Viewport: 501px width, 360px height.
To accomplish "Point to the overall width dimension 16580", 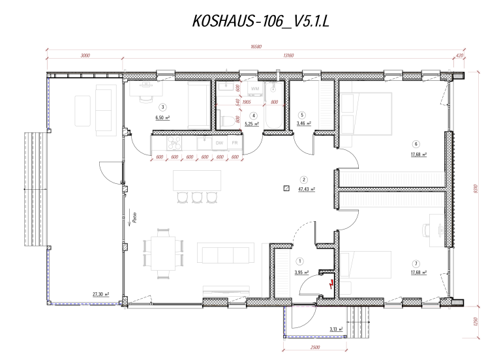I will pos(256,47).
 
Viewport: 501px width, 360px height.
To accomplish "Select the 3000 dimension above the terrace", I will pos(85,56).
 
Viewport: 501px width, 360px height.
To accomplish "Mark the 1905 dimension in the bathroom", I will pos(247,102).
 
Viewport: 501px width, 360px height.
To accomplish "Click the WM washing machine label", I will pos(254,87).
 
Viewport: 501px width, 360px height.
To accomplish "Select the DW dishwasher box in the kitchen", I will pos(220,142).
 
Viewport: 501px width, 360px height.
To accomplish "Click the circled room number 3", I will pos(162,107).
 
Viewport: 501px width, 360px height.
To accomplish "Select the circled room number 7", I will pos(415,263).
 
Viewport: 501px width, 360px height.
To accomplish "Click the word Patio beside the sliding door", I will pos(133,218).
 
